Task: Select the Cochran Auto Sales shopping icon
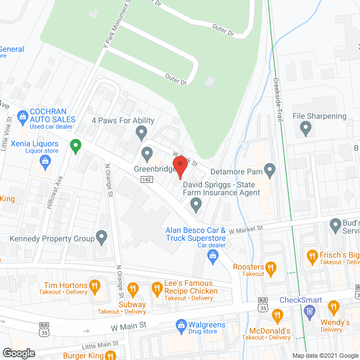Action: tap(23, 117)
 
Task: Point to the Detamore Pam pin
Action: tap(270, 169)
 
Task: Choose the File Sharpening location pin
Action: tap(306, 129)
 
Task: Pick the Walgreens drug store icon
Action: tap(181, 325)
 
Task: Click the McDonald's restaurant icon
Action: tap(277, 315)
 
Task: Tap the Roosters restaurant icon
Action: tap(271, 267)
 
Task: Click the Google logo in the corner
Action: tap(18, 353)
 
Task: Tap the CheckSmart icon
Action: tap(309, 312)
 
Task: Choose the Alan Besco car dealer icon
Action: tap(213, 257)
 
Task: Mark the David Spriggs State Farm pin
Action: tap(196, 206)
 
